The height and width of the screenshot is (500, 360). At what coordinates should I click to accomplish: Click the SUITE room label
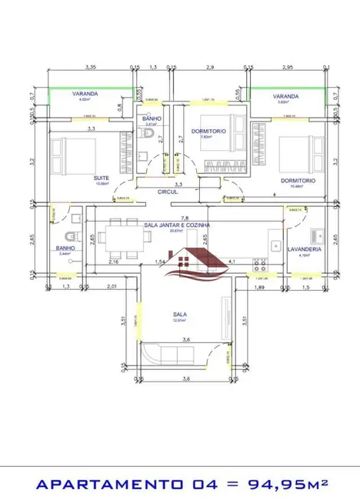click(100, 178)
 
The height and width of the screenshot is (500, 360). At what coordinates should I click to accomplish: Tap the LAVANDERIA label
click(303, 249)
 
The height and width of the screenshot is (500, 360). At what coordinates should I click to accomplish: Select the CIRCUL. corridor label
click(167, 192)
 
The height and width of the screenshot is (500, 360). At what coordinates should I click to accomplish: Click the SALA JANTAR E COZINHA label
click(177, 225)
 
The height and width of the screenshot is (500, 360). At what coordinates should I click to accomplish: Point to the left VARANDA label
click(85, 93)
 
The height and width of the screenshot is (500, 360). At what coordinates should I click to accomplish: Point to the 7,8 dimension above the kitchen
click(184, 218)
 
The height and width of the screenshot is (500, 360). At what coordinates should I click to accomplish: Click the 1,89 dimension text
click(258, 287)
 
